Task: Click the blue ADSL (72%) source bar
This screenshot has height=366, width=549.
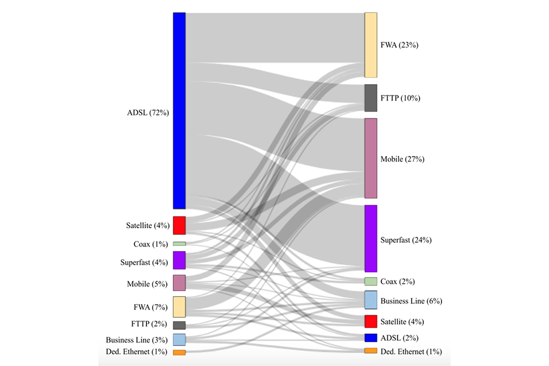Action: point(179,111)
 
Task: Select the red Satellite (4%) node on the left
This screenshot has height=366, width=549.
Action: point(179,225)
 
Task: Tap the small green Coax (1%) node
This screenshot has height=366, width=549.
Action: point(179,244)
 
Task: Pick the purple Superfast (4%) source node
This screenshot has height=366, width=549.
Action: point(179,260)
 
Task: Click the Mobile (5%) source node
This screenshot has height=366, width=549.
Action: point(179,283)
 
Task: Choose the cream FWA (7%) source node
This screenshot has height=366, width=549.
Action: point(179,307)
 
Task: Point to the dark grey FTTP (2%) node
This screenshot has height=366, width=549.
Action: point(179,325)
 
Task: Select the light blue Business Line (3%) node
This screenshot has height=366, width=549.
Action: point(179,340)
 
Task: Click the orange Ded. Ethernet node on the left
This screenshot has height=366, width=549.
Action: point(179,352)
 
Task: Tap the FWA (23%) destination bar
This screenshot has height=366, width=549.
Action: point(371,45)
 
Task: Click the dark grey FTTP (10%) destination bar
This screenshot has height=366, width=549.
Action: point(371,98)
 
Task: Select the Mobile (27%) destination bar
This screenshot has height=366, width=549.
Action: point(371,158)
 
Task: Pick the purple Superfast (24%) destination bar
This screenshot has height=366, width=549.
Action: point(371,238)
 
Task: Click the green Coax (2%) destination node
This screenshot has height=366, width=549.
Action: point(371,281)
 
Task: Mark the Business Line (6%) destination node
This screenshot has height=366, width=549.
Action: point(371,300)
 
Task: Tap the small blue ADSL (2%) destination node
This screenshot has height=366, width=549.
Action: point(371,338)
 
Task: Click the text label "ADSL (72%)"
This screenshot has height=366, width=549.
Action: point(148,113)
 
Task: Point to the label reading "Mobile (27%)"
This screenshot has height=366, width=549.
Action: point(402,159)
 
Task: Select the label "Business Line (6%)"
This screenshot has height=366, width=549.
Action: point(411,301)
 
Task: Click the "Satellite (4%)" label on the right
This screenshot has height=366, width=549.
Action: point(402,322)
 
